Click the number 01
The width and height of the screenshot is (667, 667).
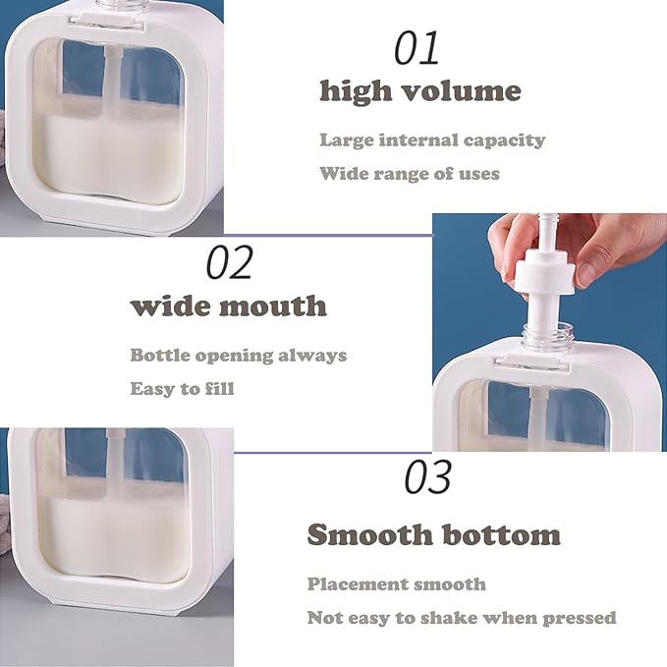[417, 48]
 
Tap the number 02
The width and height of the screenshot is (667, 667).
[229, 262]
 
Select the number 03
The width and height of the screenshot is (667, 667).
[427, 476]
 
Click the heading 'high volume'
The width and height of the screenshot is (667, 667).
[420, 90]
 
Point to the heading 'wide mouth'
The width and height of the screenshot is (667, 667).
[229, 306]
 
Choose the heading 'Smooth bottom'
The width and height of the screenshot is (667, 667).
[433, 534]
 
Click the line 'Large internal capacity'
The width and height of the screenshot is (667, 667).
[432, 140]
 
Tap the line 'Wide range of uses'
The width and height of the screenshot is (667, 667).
[410, 174]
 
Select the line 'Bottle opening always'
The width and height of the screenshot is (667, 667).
[238, 356]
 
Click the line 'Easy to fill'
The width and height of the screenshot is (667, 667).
[182, 389]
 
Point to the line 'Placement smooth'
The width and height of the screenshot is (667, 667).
[397, 584]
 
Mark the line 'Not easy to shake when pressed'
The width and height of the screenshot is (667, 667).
[462, 618]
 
